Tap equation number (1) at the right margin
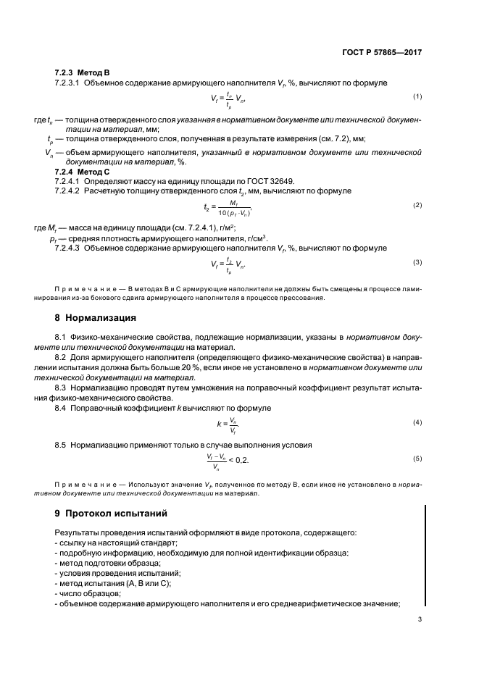417,97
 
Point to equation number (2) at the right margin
417,206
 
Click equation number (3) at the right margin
417,262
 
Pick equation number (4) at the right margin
417,422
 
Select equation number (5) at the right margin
417,459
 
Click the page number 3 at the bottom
420,619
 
